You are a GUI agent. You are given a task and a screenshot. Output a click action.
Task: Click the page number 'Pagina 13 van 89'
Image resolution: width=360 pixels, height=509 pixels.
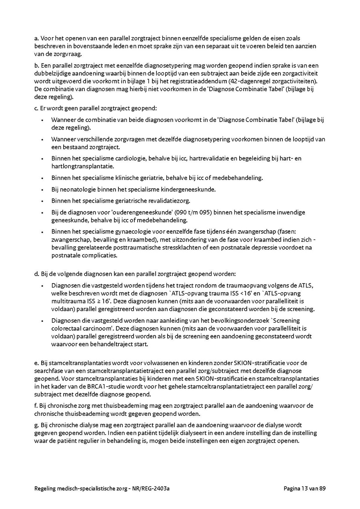tap(304, 488)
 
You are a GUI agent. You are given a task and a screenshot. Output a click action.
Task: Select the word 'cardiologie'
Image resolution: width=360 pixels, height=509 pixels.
tap(131, 158)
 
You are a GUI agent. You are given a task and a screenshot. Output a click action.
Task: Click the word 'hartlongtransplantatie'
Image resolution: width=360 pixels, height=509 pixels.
tap(82, 166)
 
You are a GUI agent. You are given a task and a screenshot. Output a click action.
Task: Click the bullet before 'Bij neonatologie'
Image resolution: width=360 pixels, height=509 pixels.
tap(42, 190)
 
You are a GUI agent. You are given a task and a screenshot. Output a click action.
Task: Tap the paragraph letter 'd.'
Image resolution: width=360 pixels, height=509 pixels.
tap(37, 274)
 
